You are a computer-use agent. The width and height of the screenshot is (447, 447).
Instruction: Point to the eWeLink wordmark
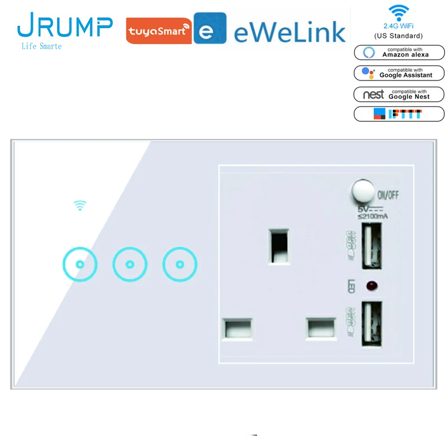click(290, 32)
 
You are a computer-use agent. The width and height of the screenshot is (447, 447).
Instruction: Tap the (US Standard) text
click(398, 36)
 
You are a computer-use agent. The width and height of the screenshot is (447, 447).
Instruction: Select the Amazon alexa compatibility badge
click(399, 52)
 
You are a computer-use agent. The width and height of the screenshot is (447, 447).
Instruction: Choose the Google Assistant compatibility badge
click(399, 73)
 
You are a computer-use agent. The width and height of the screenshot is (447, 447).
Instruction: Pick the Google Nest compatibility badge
click(399, 93)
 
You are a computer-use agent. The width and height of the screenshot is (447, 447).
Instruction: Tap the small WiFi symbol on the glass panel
click(80, 206)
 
